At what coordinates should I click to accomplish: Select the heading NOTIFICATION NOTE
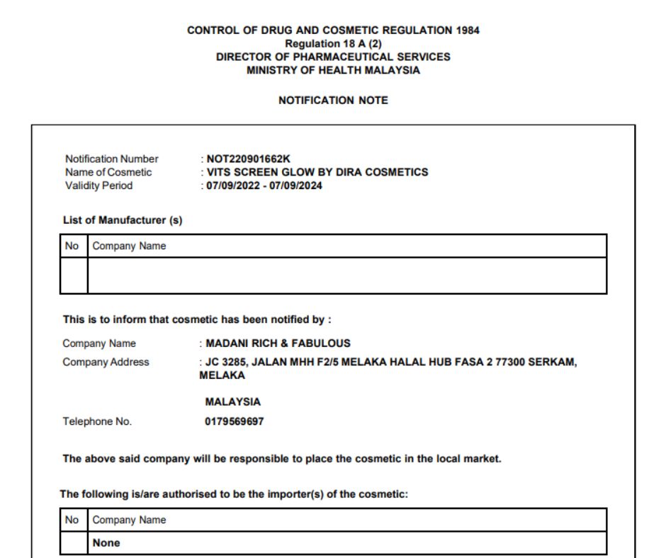333,101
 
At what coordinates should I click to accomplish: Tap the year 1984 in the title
466,30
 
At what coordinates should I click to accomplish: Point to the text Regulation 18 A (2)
333,44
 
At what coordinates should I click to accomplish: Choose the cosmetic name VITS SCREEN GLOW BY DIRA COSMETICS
317,172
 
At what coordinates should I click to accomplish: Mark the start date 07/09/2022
232,186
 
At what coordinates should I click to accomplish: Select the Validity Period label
98,186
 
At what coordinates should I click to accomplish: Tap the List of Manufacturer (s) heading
123,220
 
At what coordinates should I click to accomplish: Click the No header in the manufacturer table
72,246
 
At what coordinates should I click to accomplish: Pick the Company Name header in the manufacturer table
129,246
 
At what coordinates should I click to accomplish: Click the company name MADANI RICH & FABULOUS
278,343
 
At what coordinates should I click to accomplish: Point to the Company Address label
106,362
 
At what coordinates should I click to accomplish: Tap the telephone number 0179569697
235,421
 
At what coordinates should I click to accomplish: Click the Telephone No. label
97,421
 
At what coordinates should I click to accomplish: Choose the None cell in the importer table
106,543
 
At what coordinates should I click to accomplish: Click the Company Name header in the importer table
129,520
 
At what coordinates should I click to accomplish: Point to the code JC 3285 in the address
226,362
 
